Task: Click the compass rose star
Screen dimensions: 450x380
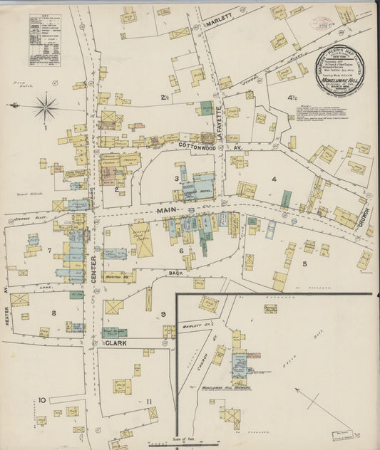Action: pyautogui.click(x=46, y=109)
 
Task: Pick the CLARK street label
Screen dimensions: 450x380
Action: pyautogui.click(x=116, y=342)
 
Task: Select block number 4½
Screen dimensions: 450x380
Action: pyautogui.click(x=292, y=98)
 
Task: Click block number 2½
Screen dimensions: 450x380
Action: pyautogui.click(x=164, y=98)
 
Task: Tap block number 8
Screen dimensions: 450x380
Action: pyautogui.click(x=53, y=313)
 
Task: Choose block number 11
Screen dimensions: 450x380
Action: pyautogui.click(x=148, y=402)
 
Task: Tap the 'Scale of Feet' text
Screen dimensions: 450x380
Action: pyautogui.click(x=184, y=439)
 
